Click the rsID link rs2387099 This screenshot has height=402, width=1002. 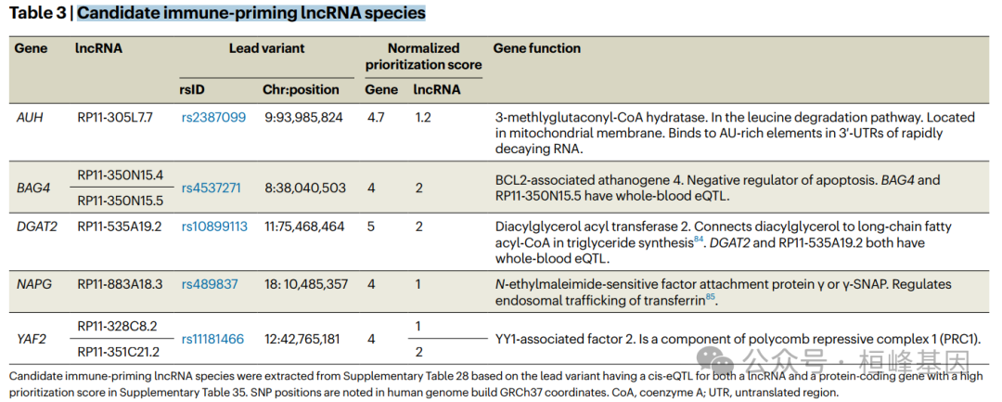[213, 118]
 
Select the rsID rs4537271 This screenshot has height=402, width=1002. [211, 188]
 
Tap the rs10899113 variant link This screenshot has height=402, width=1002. [214, 227]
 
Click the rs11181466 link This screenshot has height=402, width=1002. [212, 339]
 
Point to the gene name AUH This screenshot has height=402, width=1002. [30, 118]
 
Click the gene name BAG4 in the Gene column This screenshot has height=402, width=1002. [32, 188]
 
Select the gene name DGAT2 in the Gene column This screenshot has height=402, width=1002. [37, 227]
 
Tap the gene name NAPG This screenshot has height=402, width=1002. [33, 284]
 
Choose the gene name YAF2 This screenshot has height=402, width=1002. [32, 339]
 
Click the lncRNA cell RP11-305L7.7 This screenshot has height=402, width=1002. [115, 118]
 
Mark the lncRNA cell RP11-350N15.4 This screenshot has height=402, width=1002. [120, 175]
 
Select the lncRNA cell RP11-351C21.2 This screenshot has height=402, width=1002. [118, 352]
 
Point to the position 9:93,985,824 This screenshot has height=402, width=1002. [303, 118]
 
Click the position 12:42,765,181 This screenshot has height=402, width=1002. [303, 339]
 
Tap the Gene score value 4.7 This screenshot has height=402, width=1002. [375, 118]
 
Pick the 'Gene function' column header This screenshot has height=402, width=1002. [536, 48]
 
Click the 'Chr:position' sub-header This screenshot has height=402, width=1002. [301, 90]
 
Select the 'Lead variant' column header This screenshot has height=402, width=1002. [266, 48]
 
